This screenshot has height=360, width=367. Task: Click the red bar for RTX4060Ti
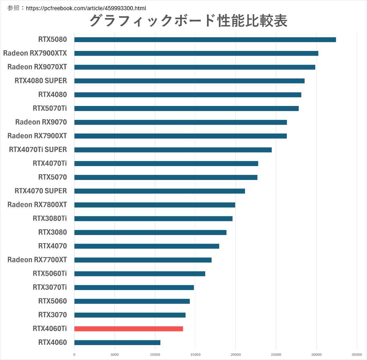[x=128, y=328]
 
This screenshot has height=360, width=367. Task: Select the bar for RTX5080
[x=205, y=40]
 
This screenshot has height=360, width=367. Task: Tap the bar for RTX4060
[x=117, y=342]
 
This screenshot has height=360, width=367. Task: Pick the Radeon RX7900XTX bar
[x=196, y=53]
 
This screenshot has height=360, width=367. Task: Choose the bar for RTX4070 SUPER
[x=159, y=191]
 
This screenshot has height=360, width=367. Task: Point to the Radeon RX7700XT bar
[x=143, y=260]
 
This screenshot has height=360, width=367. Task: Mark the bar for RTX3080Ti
[x=153, y=218]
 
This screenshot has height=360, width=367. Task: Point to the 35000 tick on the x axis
[x=357, y=355]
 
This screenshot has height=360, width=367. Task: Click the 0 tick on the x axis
[x=74, y=355]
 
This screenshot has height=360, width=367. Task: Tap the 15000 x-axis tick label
[x=195, y=355]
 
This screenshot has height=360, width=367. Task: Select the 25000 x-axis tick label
[x=276, y=355]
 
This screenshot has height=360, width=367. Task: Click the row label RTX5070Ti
[x=50, y=108]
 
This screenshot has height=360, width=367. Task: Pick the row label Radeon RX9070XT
[x=37, y=67]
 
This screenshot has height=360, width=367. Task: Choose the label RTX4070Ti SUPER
[x=38, y=149]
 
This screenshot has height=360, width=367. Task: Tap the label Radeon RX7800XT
[x=37, y=204]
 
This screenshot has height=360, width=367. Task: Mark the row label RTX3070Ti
[x=50, y=287]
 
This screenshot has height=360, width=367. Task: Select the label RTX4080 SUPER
[x=41, y=81]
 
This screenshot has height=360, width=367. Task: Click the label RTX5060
[x=52, y=301]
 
